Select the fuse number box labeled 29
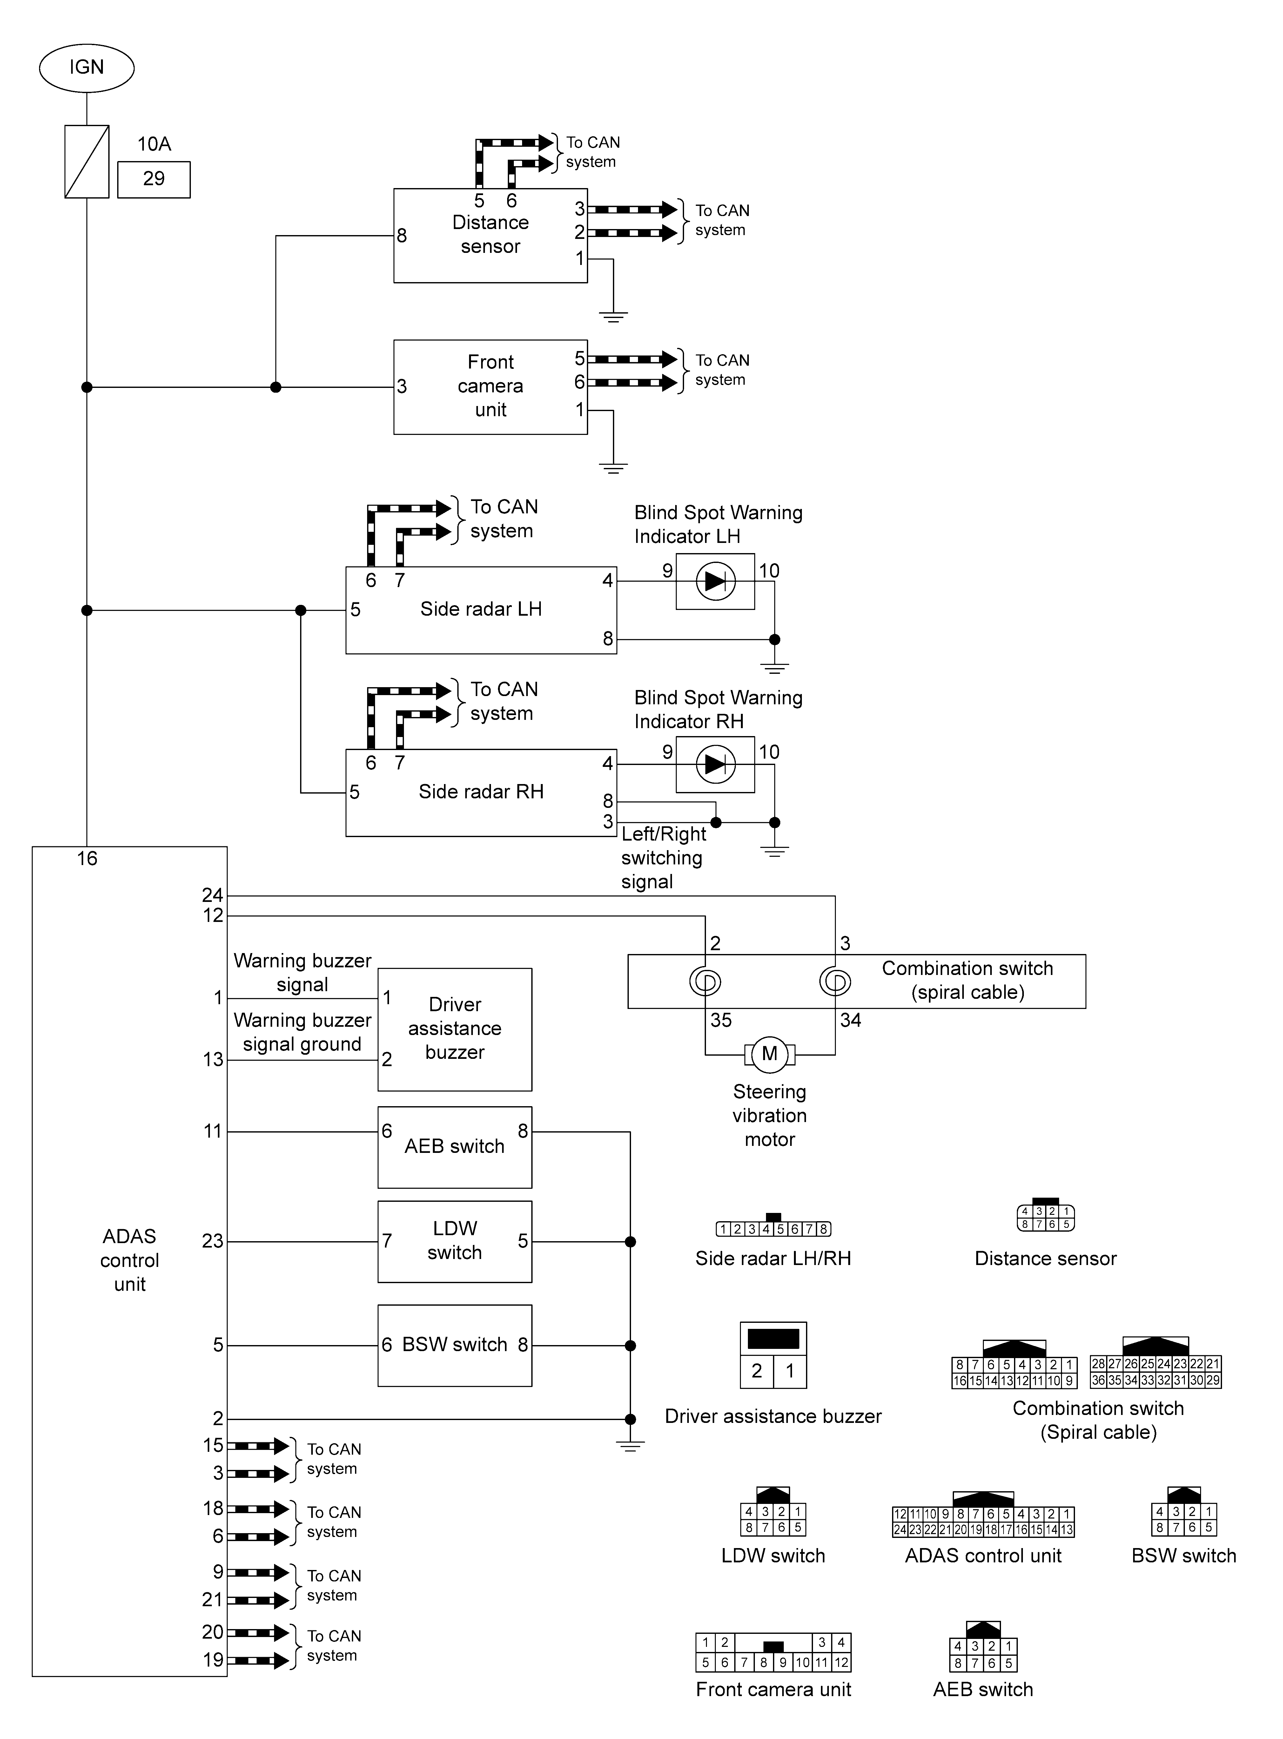[x=154, y=179]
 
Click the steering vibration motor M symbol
[x=770, y=1054]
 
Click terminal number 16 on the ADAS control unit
[x=87, y=858]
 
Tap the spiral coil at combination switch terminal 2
[x=705, y=982]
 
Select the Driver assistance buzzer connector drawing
[x=774, y=1355]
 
